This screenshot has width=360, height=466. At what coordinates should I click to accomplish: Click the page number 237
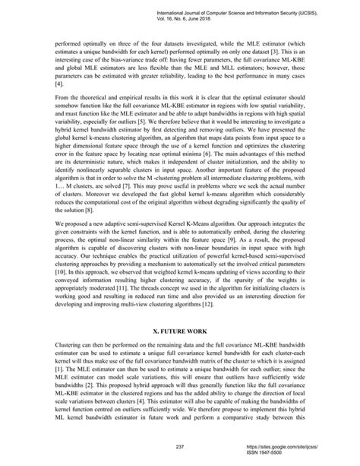point(180,445)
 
